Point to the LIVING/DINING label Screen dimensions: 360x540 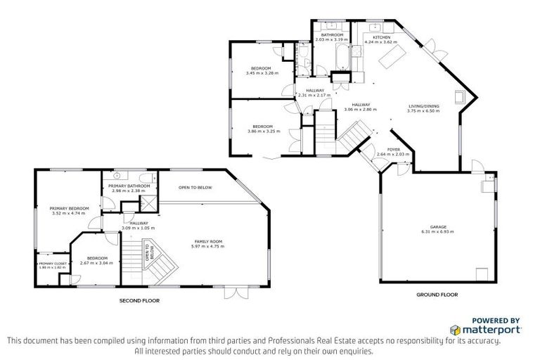pos(424,106)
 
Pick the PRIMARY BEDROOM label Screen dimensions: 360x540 pos(68,208)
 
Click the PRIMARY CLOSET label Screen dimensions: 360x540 pos(51,264)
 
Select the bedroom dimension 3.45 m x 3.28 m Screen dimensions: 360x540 pos(262,73)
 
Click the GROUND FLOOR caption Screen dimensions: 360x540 pos(432,294)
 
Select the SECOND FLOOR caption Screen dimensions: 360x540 pos(139,300)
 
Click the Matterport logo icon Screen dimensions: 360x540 pos(455,329)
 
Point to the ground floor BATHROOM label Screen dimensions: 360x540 pos(332,34)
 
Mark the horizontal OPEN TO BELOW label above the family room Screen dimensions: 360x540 pos(194,188)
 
